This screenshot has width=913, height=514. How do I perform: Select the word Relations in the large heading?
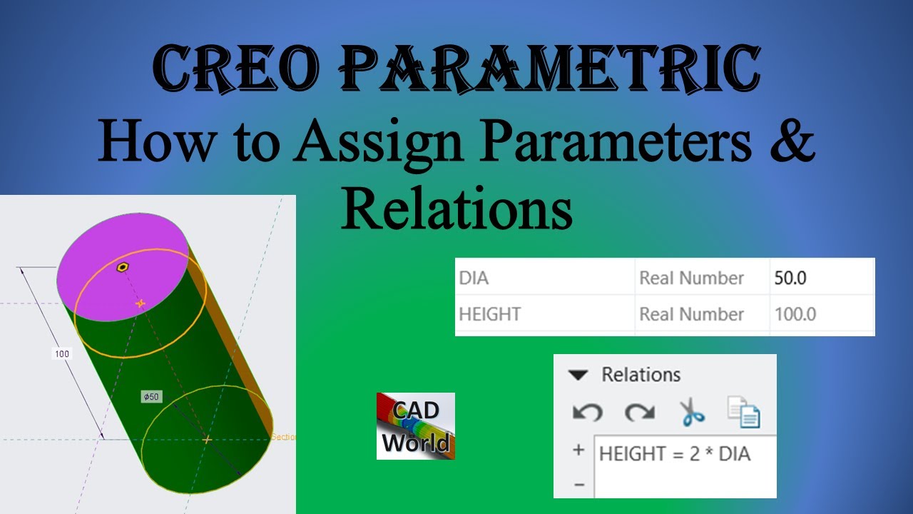click(456, 207)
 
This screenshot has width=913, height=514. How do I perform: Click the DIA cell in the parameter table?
click(474, 278)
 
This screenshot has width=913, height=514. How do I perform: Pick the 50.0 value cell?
click(790, 278)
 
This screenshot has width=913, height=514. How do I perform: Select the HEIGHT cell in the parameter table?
click(490, 314)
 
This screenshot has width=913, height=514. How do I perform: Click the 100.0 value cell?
click(795, 314)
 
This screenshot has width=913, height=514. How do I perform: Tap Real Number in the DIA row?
click(691, 278)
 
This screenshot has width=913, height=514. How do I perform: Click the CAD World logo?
click(416, 425)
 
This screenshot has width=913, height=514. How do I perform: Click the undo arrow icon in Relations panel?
click(587, 412)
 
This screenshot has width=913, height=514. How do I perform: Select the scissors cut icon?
click(691, 412)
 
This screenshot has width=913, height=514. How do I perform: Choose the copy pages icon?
click(744, 412)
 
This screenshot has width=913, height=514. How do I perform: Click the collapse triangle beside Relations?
click(578, 375)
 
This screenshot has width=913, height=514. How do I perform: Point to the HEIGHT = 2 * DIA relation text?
click(675, 453)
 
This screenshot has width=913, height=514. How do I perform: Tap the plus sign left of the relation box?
click(578, 450)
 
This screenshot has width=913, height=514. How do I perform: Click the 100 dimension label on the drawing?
click(62, 353)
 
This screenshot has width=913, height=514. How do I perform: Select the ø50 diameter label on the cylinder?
click(151, 396)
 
